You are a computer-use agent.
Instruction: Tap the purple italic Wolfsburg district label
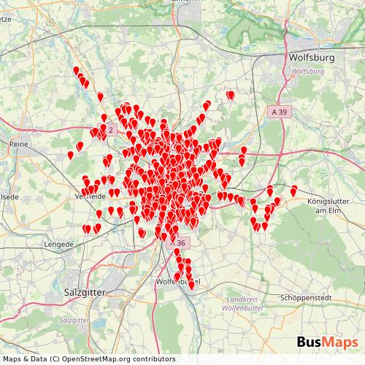pos(307,72)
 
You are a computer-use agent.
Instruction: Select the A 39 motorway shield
pos(278,112)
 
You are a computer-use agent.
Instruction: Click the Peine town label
pos(18,145)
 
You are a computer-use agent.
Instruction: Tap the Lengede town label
pos(59,245)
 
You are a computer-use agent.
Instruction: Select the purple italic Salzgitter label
pos(73,320)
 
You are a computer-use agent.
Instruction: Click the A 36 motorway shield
pos(180,242)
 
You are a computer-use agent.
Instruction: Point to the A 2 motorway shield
pos(109,128)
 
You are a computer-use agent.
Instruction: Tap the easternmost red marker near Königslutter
pos(294,191)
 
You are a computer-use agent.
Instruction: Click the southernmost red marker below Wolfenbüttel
pos(191,285)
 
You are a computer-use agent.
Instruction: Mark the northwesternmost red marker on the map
pos(76,71)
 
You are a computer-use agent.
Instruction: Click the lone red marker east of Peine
pos(70,155)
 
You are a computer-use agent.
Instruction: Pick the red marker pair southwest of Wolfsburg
pos(231,95)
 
